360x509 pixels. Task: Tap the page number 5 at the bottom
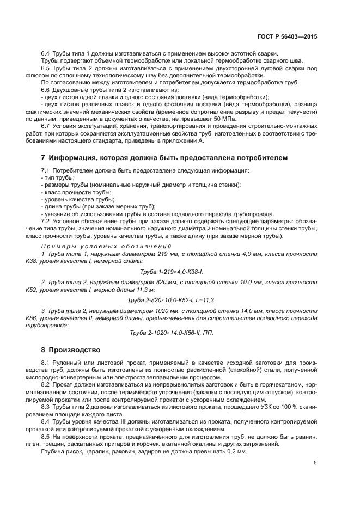click(315, 463)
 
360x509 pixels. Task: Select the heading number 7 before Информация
click(44, 158)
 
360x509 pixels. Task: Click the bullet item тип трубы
click(58, 178)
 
